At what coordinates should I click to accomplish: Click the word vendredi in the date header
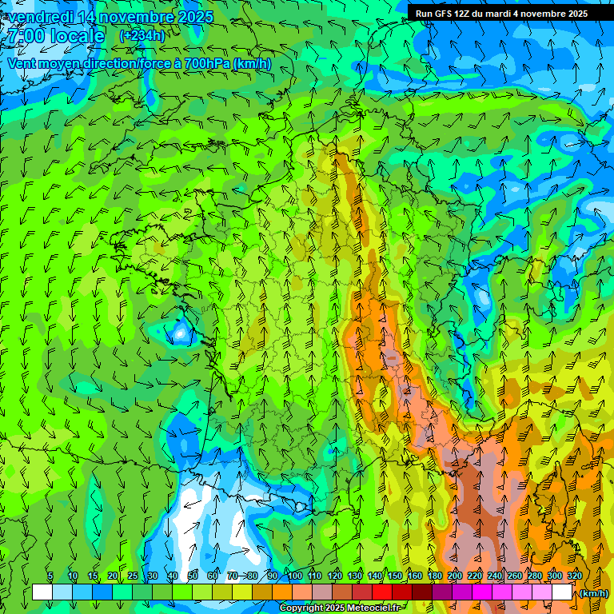pyautogui.click(x=41, y=17)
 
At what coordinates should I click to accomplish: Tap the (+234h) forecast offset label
pyautogui.click(x=142, y=35)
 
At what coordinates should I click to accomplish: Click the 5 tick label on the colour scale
pyautogui.click(x=50, y=576)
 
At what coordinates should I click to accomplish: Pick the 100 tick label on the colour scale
pyautogui.click(x=295, y=576)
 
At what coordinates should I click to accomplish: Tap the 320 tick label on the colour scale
pyautogui.click(x=575, y=576)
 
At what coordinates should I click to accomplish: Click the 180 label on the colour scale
pyautogui.click(x=435, y=576)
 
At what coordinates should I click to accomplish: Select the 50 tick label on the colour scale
pyautogui.click(x=193, y=576)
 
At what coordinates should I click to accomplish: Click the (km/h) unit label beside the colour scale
pyautogui.click(x=593, y=593)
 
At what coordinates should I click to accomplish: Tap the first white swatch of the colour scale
pyautogui.click(x=42, y=592)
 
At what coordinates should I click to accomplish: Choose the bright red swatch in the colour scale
pyautogui.click(x=381, y=592)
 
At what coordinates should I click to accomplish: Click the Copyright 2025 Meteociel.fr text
pyautogui.click(x=341, y=608)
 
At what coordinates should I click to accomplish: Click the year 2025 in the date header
pyautogui.click(x=192, y=17)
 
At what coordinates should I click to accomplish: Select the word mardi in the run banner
pyautogui.click(x=498, y=14)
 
